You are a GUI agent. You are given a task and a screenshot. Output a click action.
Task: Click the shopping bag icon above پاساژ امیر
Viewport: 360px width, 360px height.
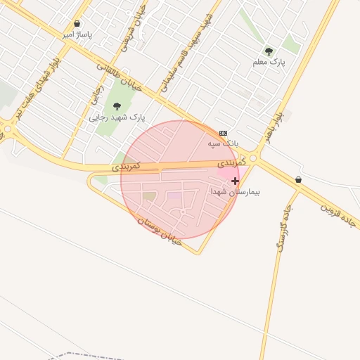pos(77,24)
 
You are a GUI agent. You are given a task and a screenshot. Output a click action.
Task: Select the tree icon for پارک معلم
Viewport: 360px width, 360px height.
pos(269,51)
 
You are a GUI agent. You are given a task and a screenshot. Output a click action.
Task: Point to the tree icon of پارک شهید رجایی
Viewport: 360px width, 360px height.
pos(117,107)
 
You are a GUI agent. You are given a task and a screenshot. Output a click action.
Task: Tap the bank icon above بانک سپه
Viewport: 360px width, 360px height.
pos(224,133)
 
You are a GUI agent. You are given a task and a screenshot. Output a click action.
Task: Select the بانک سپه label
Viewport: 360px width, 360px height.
pos(223,143)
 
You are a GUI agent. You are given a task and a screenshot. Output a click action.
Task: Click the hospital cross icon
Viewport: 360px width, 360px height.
pos(235,181)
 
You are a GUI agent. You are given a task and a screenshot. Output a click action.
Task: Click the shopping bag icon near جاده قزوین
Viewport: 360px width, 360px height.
pos(299,180)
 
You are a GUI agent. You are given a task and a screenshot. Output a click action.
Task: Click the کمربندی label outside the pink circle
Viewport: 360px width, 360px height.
pos(127,167)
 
